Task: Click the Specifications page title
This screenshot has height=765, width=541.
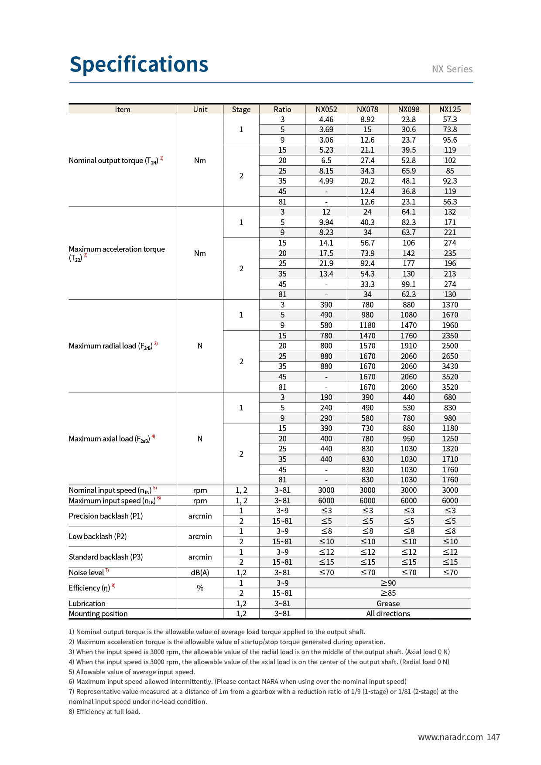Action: click(139, 65)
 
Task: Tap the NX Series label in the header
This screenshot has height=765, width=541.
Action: click(452, 69)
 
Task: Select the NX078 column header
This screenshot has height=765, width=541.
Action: click(367, 109)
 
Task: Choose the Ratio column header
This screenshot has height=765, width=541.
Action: click(282, 109)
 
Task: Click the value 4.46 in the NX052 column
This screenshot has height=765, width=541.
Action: click(326, 120)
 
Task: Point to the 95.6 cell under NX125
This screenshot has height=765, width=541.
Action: click(450, 140)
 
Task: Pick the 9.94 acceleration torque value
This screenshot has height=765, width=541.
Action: click(326, 222)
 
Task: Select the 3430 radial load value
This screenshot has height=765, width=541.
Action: click(450, 366)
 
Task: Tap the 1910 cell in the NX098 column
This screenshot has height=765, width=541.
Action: click(408, 346)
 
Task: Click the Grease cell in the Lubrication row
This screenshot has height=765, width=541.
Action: click(388, 604)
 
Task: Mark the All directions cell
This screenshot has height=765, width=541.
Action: click(388, 614)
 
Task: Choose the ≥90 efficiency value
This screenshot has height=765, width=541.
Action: click(388, 583)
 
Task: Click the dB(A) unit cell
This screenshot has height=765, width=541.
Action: click(200, 573)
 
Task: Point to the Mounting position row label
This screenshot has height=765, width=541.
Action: click(98, 614)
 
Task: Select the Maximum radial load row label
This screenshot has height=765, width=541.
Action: click(110, 346)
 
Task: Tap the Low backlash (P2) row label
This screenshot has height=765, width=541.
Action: click(98, 536)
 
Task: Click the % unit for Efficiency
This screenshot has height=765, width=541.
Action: click(200, 588)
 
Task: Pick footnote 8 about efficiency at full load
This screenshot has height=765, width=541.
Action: click(105, 711)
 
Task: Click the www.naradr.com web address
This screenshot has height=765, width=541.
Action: click(450, 737)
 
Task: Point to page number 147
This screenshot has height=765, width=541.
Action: click(493, 737)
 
